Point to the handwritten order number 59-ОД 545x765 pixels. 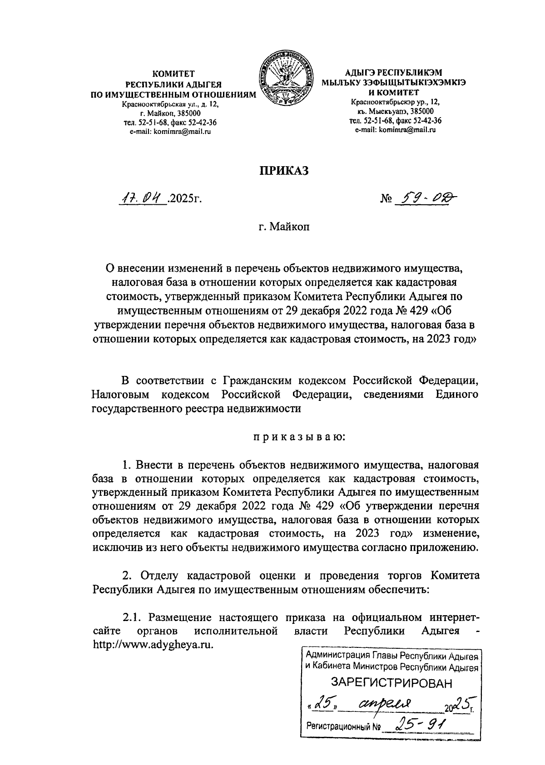click(426, 197)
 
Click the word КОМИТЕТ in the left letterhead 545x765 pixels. click(173, 73)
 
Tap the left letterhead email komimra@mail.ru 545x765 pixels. click(170, 132)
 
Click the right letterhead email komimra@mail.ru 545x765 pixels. click(395, 130)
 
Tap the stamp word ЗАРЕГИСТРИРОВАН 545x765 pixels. click(392, 682)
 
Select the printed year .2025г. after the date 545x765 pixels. click(184, 199)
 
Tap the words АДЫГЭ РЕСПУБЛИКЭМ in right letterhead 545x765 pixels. click(393, 72)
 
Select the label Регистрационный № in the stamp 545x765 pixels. click(343, 726)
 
